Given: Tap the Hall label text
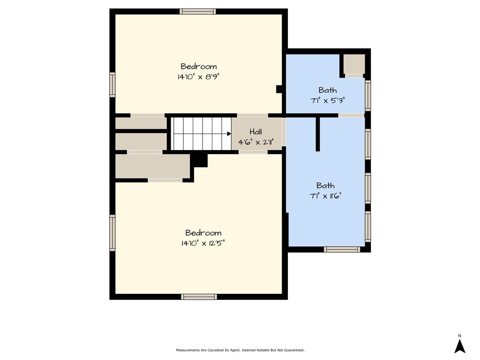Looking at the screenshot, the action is click(x=255, y=132).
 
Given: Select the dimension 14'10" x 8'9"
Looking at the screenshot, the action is click(x=198, y=76).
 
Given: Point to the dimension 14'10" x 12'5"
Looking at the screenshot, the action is click(x=202, y=243).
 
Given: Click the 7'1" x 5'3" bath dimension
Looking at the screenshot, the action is click(x=328, y=100).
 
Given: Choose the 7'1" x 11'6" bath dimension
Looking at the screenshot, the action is click(x=325, y=196).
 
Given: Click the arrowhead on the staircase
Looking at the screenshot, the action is click(x=229, y=134).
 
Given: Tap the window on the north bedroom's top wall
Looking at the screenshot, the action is click(x=197, y=12).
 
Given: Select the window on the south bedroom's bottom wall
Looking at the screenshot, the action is click(x=199, y=297).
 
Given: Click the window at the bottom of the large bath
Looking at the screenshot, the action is click(x=342, y=249).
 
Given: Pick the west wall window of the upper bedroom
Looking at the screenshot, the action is click(x=112, y=85).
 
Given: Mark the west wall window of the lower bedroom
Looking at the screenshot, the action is click(x=112, y=233).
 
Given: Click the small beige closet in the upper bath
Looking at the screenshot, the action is click(x=354, y=64).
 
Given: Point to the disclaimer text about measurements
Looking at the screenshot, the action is click(x=240, y=350).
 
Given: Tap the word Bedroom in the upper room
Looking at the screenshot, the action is click(x=199, y=67).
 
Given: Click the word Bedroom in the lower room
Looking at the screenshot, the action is click(x=203, y=233).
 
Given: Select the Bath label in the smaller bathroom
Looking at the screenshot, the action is click(x=328, y=90).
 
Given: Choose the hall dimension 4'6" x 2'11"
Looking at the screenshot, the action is click(x=255, y=142).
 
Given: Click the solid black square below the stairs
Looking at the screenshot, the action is click(x=200, y=160).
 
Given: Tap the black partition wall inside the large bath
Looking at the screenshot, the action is click(x=318, y=134).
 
